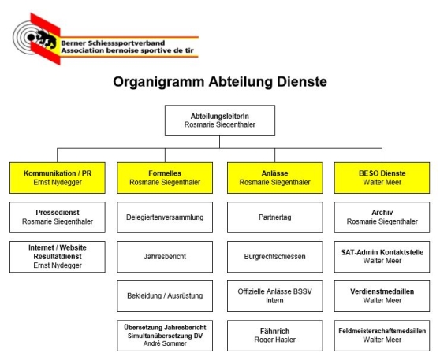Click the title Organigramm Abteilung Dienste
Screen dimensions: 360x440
coord(219,81)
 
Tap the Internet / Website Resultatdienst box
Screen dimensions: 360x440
coord(57,256)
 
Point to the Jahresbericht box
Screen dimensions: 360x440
coord(165,256)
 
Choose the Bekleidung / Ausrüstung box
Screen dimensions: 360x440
coord(165,295)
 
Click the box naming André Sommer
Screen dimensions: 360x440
coord(165,334)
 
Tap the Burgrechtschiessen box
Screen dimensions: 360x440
coord(272,256)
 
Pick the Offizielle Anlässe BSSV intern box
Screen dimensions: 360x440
coord(272,295)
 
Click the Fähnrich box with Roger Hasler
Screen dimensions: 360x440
coord(272,334)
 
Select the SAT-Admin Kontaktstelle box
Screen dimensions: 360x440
coord(382,256)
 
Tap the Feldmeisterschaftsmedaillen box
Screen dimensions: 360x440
coord(382,334)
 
